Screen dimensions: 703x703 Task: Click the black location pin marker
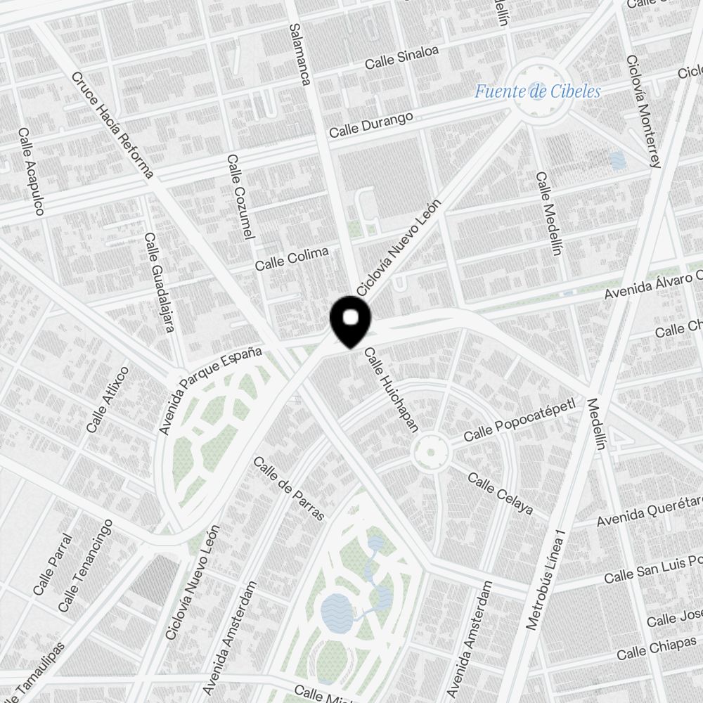[x=350, y=321]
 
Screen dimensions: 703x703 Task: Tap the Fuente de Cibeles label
[x=537, y=91]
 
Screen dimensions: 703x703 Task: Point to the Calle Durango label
[x=371, y=124]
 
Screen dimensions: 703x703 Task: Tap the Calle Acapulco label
[x=32, y=172]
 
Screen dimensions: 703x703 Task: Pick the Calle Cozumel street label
[x=240, y=197]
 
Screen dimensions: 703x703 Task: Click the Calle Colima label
[x=292, y=259]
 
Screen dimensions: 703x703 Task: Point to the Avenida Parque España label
[x=209, y=389]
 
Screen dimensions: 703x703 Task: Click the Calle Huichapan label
[x=392, y=390]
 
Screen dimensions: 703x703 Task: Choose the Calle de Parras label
[x=289, y=489]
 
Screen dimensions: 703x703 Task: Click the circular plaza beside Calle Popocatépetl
[x=430, y=453]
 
